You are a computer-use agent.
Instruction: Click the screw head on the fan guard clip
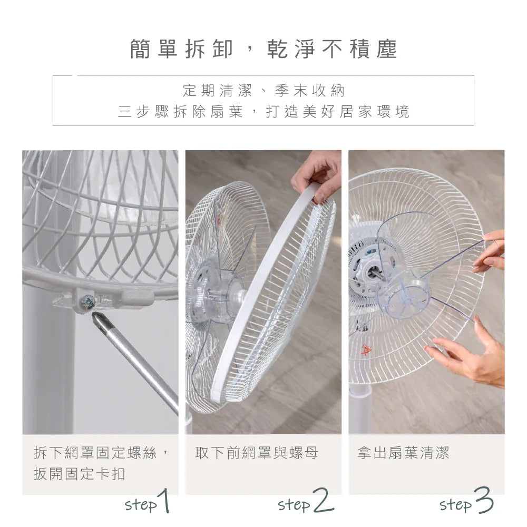tap(88, 302)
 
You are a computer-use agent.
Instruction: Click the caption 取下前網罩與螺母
tap(257, 453)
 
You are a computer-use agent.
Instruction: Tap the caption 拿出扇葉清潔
tap(403, 453)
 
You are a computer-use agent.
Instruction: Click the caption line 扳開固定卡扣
tap(80, 474)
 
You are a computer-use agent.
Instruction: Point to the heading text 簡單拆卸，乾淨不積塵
tap(263, 49)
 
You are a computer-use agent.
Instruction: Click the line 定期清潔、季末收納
tap(263, 91)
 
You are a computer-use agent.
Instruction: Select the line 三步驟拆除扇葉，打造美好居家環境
tap(263, 112)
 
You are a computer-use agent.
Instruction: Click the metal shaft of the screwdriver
tap(140, 364)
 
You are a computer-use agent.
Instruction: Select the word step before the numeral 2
tap(294, 505)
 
